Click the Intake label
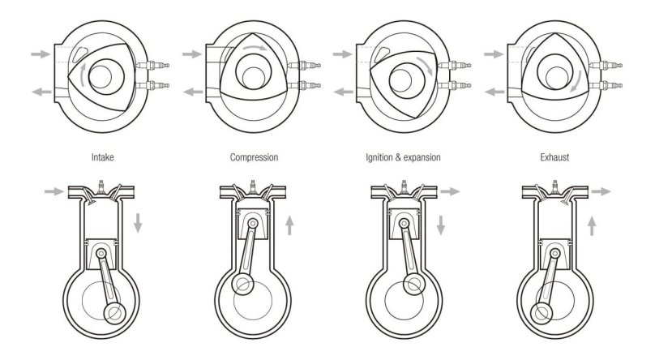[102, 157]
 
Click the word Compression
[254, 157]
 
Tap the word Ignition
[379, 157]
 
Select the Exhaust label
[554, 157]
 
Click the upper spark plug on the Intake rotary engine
[153, 65]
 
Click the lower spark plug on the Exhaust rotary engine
[606, 86]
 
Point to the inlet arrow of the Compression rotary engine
[192, 54]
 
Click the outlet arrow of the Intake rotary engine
[41, 92]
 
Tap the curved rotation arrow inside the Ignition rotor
[426, 66]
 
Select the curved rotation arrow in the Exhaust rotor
[577, 81]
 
